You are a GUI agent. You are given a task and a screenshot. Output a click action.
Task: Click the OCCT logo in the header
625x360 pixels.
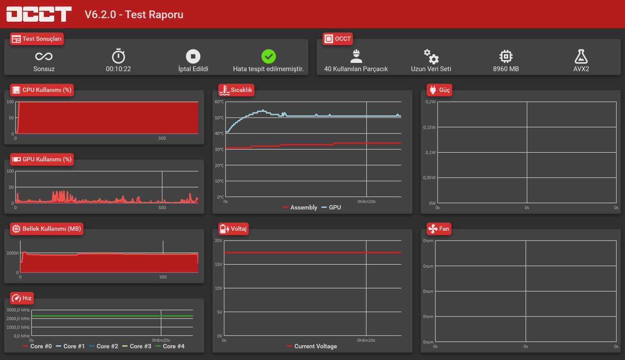(x=39, y=14)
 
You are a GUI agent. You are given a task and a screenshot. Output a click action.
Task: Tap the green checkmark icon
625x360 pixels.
(x=268, y=56)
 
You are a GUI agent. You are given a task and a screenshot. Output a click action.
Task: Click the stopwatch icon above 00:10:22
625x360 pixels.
(x=118, y=56)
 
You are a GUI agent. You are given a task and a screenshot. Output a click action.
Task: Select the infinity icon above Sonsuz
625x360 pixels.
(x=44, y=56)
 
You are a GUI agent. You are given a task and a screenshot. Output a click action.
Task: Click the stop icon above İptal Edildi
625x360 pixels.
(x=193, y=56)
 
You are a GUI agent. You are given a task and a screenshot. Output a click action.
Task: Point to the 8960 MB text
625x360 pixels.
(x=506, y=69)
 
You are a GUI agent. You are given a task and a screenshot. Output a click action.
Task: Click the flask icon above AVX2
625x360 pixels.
(x=581, y=56)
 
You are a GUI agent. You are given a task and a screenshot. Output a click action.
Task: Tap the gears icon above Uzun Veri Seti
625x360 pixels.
(x=431, y=57)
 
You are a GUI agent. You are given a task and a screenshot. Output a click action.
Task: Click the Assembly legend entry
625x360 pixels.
(x=300, y=207)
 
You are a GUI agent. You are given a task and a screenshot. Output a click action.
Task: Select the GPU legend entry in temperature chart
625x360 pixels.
(x=331, y=207)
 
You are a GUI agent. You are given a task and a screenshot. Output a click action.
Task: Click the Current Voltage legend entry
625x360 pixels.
(x=312, y=346)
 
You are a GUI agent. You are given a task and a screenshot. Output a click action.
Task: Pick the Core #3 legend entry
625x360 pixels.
(x=137, y=346)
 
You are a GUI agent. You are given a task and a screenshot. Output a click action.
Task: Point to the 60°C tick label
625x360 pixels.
(x=219, y=102)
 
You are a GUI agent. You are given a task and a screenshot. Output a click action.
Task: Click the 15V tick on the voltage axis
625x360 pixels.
(x=219, y=264)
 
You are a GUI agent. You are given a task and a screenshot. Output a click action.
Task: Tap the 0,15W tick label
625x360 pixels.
(x=429, y=127)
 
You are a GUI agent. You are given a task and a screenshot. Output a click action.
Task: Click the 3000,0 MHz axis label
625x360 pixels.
(x=18, y=310)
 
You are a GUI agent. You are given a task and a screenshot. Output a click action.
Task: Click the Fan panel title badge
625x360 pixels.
(x=439, y=229)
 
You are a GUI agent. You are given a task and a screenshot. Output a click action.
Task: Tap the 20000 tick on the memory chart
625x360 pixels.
(x=13, y=253)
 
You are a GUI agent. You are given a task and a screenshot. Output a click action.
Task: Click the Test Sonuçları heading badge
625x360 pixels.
(x=37, y=39)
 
